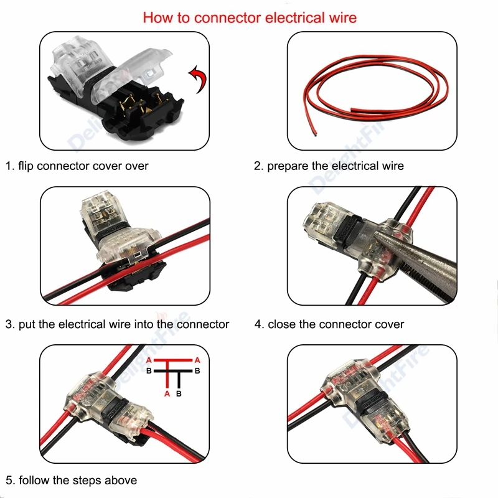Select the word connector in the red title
228,17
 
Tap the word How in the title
157,17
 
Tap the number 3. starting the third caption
10,324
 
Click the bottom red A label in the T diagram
167,394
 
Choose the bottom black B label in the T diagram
179,394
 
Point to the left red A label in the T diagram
148,360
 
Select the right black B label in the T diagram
197,371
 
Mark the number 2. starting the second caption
258,166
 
